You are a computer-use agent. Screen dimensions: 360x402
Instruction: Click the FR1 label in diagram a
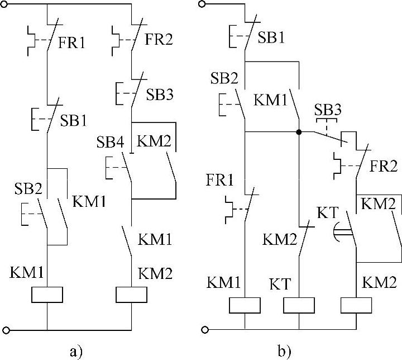(x=73, y=42)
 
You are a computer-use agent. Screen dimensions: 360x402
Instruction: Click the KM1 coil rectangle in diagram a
(x=47, y=294)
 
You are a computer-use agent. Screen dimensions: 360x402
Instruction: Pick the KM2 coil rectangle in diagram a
(x=130, y=294)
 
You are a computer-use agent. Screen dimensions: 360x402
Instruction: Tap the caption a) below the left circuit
(x=76, y=351)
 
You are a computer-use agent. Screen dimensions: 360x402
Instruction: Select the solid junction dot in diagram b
(x=299, y=132)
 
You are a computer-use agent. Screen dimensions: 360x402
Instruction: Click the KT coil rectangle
(x=299, y=305)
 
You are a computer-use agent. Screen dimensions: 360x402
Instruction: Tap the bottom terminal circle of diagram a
(x=6, y=330)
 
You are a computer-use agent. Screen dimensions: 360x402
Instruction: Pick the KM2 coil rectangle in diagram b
(x=356, y=305)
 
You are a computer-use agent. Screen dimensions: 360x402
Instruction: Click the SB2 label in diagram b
(x=224, y=79)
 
